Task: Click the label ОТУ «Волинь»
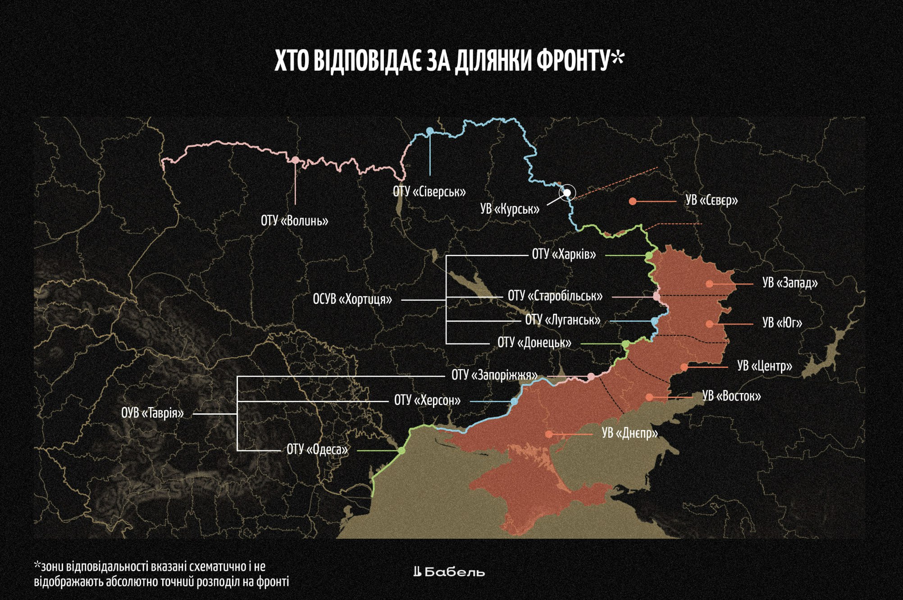coord(294,221)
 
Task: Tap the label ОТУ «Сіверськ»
coord(429,192)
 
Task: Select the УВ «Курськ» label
coord(510,209)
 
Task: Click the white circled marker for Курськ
coord(568,193)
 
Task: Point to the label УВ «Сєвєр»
coord(711,200)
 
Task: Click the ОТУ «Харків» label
coord(564,255)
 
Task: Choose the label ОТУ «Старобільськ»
coord(555,296)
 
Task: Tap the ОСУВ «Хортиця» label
coord(352,299)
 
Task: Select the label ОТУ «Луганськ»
coord(563,320)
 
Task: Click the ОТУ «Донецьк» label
coord(534,343)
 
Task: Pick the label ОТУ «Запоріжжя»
coord(495,375)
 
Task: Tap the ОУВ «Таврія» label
coord(153,413)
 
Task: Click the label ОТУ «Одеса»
coord(317,449)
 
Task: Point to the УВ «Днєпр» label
coord(630,433)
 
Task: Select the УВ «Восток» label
coord(731,396)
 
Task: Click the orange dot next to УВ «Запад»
coord(709,284)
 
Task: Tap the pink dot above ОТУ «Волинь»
coord(295,160)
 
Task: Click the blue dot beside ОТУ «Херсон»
coord(514,401)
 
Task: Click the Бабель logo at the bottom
coord(449,572)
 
